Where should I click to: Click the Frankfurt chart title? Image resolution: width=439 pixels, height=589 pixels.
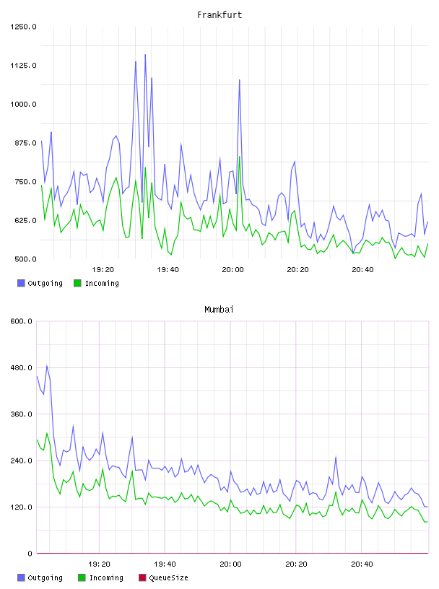tap(219, 15)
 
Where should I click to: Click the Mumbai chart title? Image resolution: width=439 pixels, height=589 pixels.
tap(219, 310)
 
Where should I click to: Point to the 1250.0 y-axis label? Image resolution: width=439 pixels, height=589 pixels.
tap(23, 27)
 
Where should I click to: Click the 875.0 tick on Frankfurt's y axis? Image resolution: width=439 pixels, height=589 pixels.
tap(25, 143)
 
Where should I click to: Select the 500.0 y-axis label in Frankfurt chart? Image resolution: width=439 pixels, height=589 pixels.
tap(25, 259)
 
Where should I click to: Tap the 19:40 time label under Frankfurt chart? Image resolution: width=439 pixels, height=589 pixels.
tap(168, 269)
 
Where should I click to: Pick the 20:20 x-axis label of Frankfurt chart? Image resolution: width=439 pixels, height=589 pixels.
tap(297, 269)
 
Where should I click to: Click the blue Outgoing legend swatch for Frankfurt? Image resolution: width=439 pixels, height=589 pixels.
tap(21, 283)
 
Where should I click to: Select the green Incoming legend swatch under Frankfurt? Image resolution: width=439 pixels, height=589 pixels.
tap(77, 283)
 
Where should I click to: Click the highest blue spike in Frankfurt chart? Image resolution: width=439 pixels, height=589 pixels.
tap(145, 55)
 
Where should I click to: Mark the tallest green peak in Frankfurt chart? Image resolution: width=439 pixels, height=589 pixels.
tap(240, 157)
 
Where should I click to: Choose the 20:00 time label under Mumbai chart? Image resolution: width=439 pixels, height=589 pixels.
tap(230, 564)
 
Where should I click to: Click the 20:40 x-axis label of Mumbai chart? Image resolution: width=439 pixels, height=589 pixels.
tap(362, 564)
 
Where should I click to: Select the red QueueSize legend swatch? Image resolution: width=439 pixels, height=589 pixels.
tap(142, 577)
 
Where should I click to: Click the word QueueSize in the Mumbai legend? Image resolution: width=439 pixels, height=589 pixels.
tap(168, 577)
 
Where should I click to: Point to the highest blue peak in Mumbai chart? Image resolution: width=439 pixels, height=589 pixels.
tap(47, 365)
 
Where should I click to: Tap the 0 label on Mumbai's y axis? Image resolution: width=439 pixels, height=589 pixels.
tap(30, 554)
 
